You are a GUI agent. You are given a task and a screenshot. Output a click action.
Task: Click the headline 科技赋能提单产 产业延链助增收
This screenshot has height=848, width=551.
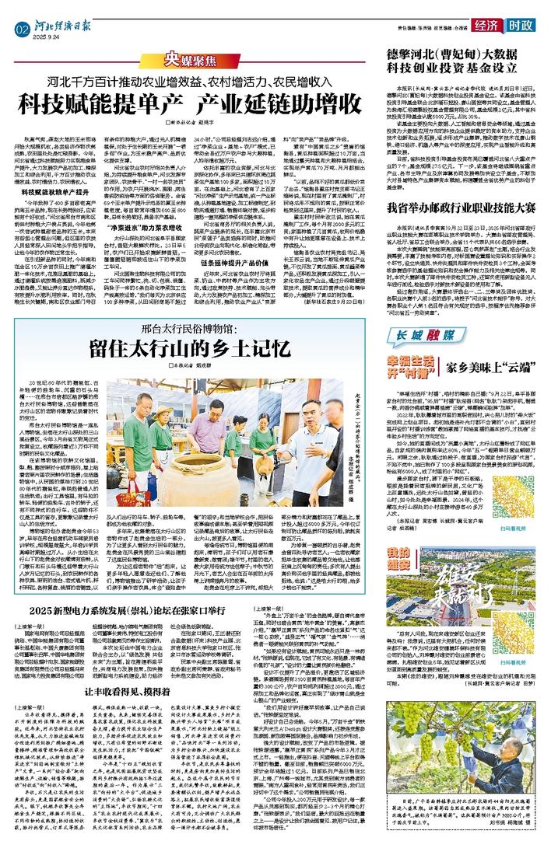coord(194,103)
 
